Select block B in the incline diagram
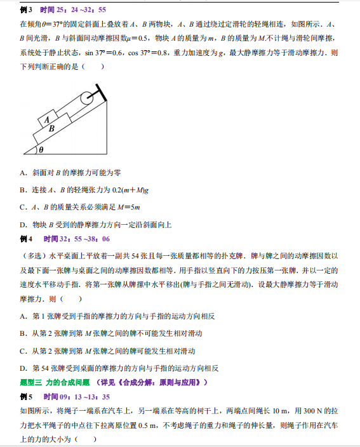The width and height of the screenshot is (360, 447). (x=52, y=128)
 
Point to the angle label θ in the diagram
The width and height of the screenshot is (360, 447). (x=41, y=150)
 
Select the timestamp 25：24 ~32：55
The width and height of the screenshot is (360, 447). (x=73, y=10)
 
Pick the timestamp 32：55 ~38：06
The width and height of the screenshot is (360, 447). (x=77, y=239)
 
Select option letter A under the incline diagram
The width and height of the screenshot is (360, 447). (x=23, y=173)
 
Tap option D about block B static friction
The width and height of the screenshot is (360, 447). (x=95, y=224)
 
